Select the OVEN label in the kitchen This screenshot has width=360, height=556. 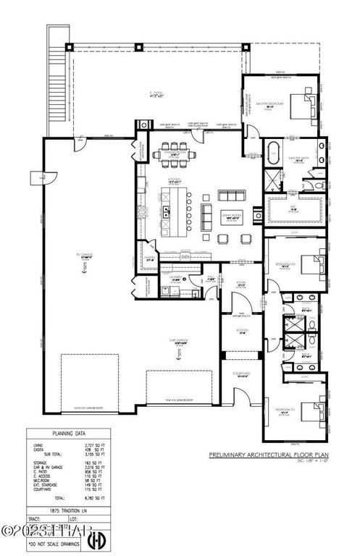185,256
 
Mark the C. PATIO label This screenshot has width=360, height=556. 154,93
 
